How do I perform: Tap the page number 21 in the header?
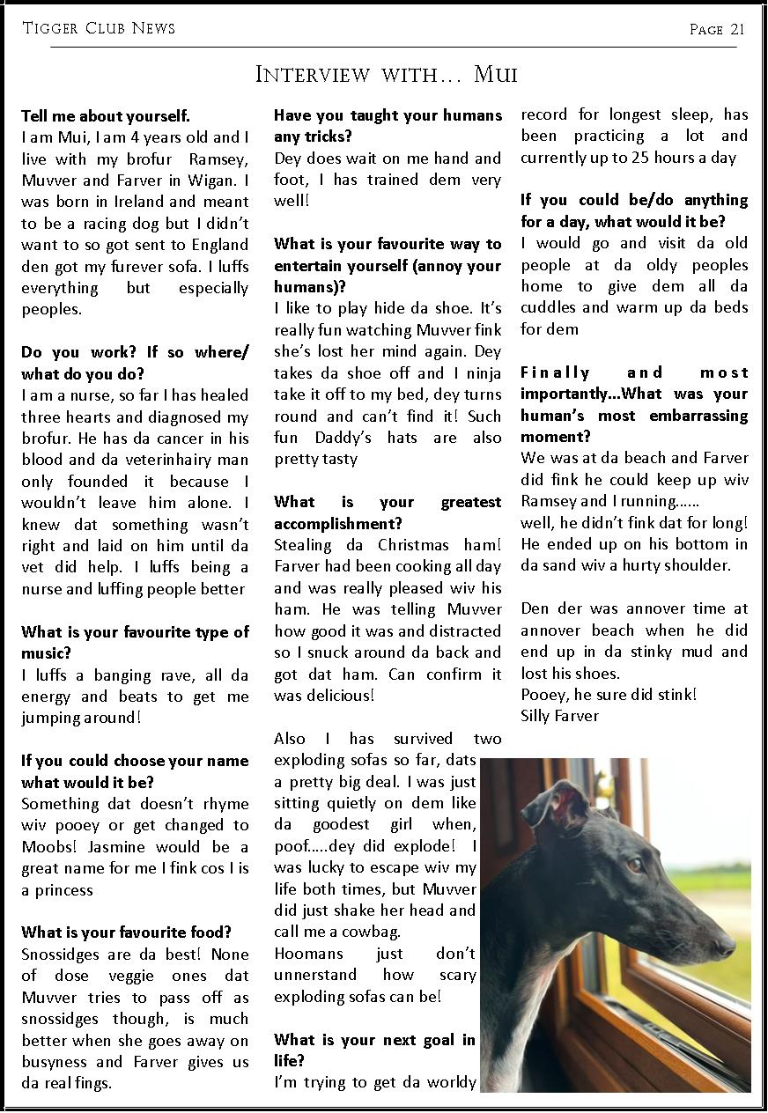click(736, 30)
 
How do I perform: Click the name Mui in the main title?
click(496, 74)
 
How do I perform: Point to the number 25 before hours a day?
click(631, 158)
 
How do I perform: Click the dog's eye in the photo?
click(634, 865)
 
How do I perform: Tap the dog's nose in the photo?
click(726, 946)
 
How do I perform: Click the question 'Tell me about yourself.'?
click(106, 116)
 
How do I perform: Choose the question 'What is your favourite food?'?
click(126, 932)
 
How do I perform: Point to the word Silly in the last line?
click(538, 716)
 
